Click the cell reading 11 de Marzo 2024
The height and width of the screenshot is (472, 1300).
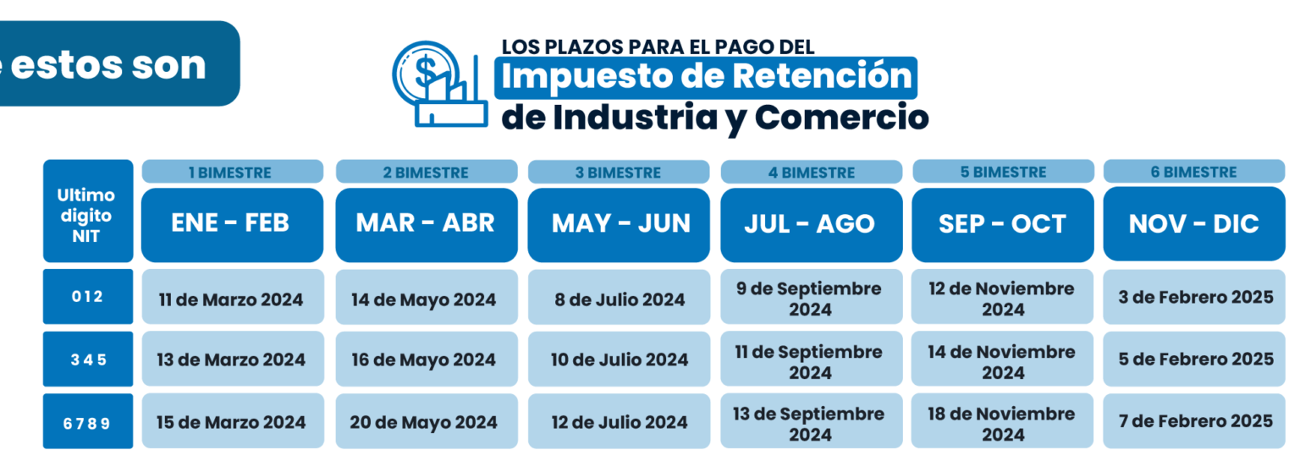(x=233, y=297)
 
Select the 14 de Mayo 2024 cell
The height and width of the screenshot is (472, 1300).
(x=427, y=297)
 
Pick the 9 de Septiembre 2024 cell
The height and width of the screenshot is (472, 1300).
(x=812, y=297)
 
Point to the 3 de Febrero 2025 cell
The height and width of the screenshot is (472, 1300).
(x=1194, y=297)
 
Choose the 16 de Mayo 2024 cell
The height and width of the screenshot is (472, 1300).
(x=427, y=359)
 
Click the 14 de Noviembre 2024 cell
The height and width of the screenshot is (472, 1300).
(x=1002, y=359)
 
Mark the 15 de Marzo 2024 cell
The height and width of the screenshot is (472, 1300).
(x=233, y=421)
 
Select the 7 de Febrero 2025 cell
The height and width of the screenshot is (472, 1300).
(x=1194, y=421)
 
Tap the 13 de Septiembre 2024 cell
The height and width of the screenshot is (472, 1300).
(x=812, y=421)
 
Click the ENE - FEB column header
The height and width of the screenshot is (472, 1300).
(x=233, y=225)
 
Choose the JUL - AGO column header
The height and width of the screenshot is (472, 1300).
(x=812, y=225)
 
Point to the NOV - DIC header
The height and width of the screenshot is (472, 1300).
(x=1194, y=224)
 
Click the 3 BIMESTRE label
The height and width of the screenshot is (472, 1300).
(x=619, y=172)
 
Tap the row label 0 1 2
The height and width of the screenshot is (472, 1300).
(x=88, y=296)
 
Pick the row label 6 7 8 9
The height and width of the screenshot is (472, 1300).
(x=88, y=421)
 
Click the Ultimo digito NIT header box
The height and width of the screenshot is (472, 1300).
(x=88, y=211)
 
